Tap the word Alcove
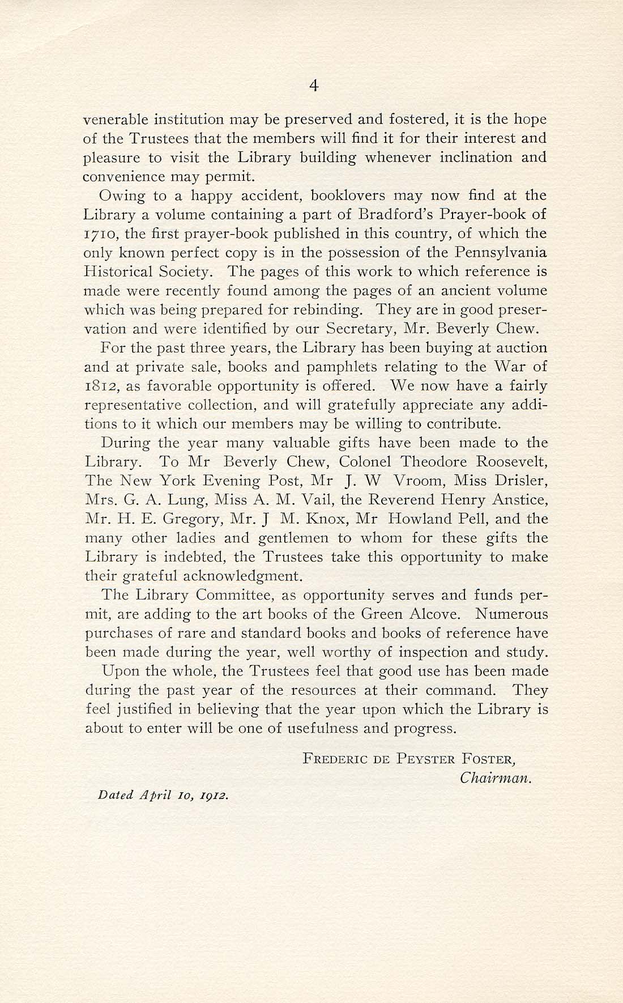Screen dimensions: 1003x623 tap(436, 614)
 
